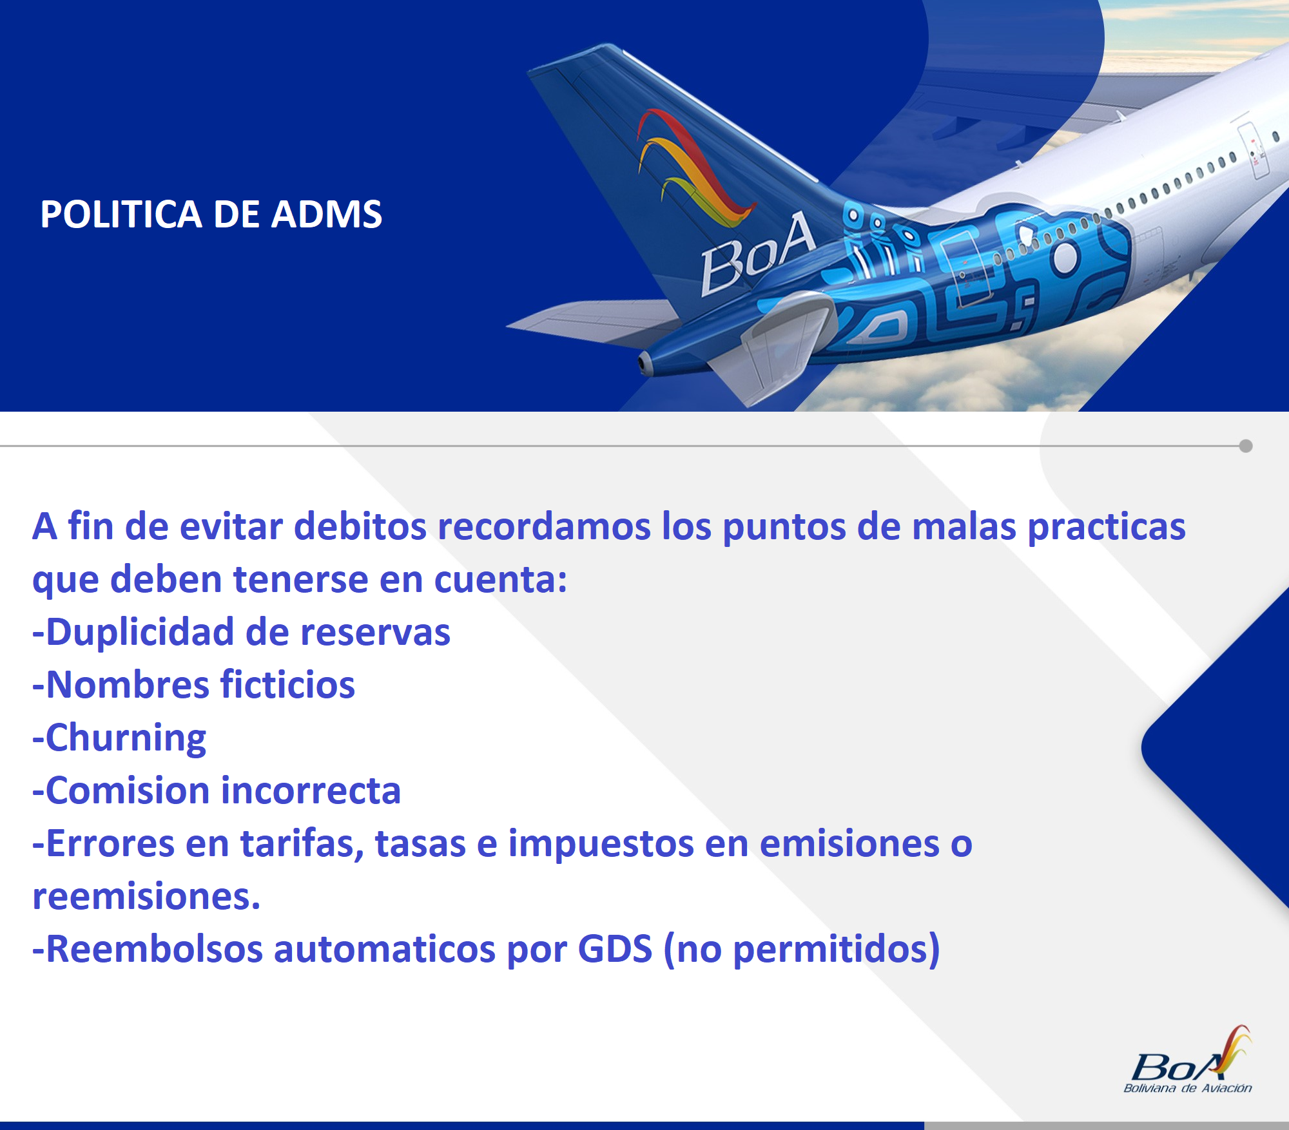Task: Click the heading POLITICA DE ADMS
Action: pos(211,214)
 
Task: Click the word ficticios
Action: pos(287,684)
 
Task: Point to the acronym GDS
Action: pos(615,949)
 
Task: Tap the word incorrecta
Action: pos(311,790)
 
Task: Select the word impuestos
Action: pos(601,845)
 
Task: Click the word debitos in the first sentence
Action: pos(360,526)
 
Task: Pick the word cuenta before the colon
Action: pos(493,580)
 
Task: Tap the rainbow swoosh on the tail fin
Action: pos(693,169)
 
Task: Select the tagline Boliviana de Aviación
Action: pos(1188,1088)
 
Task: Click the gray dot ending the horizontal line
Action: pos(1246,446)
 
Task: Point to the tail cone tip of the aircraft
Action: pos(643,363)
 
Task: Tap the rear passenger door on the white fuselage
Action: pos(1253,149)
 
